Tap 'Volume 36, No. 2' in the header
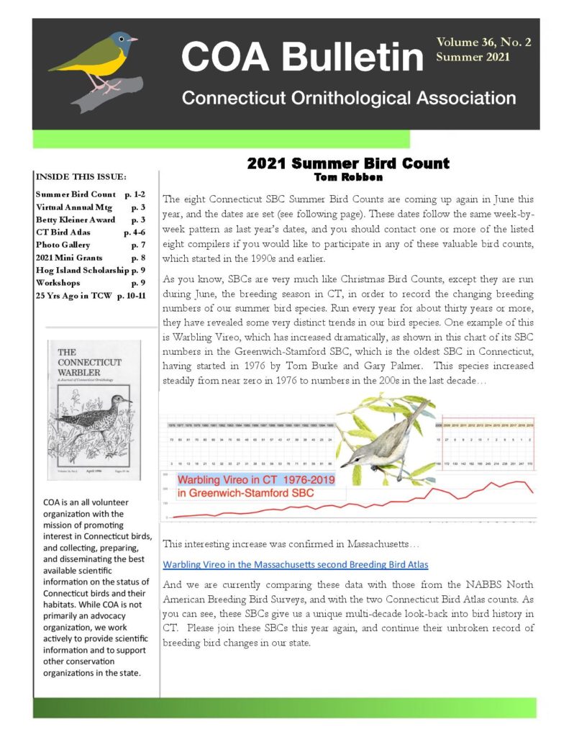click(x=483, y=42)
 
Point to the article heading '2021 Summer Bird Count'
click(x=348, y=163)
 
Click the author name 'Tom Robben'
click(x=348, y=176)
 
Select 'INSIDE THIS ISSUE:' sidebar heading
click(x=81, y=177)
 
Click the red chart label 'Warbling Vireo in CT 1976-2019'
click(x=255, y=479)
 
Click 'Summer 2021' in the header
click(x=473, y=57)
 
